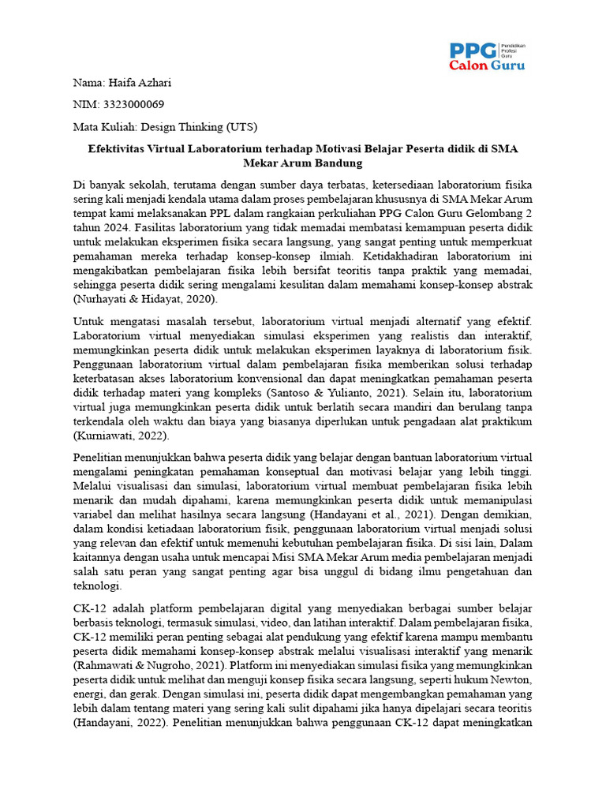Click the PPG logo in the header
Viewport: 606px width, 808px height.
tap(486, 57)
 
